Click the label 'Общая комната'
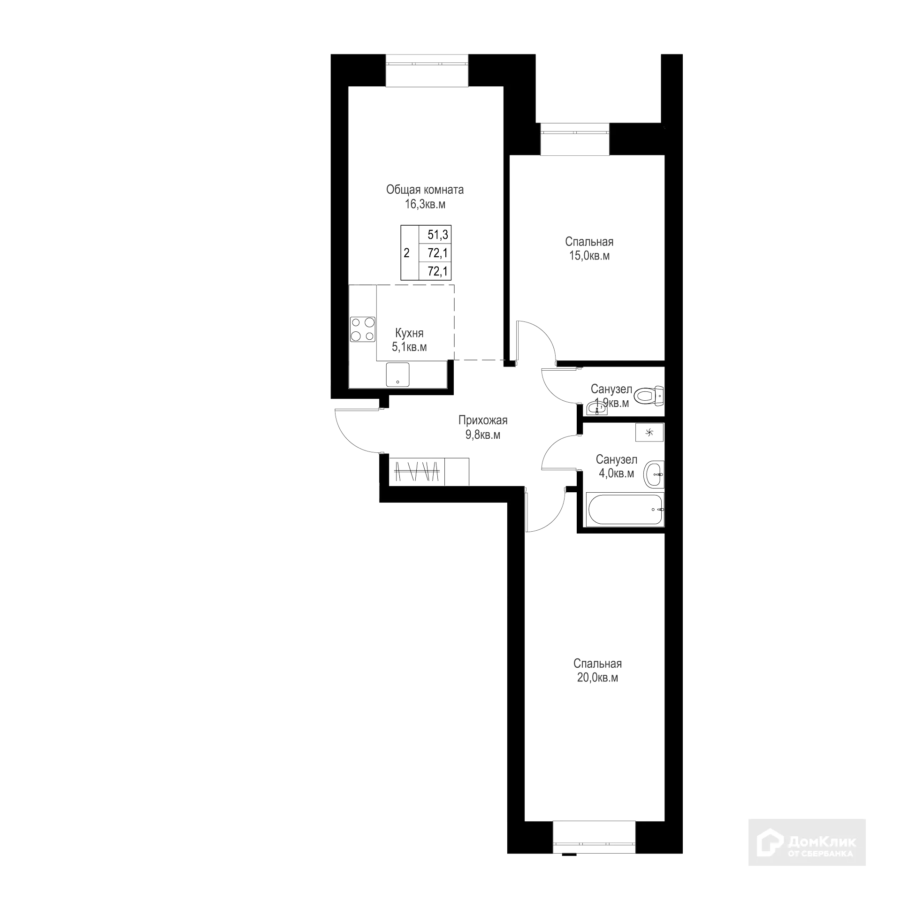[x=425, y=190]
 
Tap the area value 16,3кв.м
[x=425, y=205]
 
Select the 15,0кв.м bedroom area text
[x=590, y=256]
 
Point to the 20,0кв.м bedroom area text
[x=597, y=678]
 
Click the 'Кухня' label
[x=409, y=333]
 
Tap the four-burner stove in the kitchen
[x=363, y=329]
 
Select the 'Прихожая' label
[x=483, y=420]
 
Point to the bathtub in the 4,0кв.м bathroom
[x=625, y=509]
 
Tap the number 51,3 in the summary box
[x=437, y=235]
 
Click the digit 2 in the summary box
[x=406, y=253]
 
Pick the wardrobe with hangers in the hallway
[x=417, y=471]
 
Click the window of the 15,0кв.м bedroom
[x=574, y=139]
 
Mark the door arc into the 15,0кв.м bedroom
[x=540, y=338]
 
